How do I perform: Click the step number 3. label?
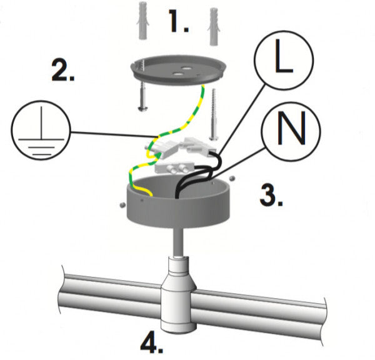(271, 196)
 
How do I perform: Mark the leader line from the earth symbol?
(106, 134)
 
